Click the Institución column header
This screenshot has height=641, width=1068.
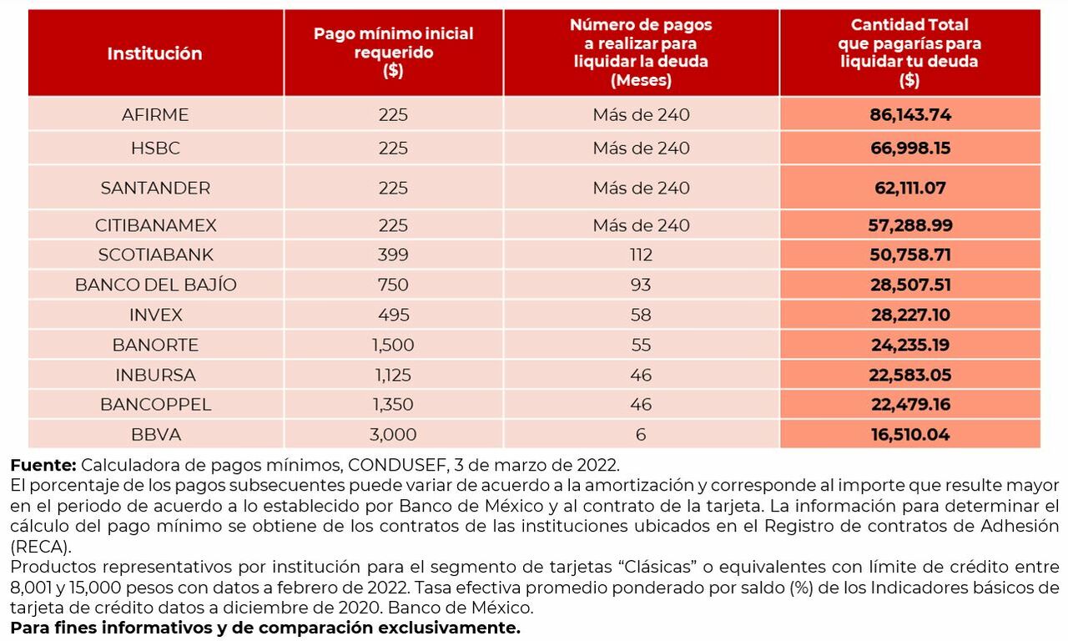tap(154, 53)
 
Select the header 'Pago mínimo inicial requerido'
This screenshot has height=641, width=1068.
tap(393, 52)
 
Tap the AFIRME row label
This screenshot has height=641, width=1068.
tap(155, 115)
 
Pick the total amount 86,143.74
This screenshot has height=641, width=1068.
tap(909, 115)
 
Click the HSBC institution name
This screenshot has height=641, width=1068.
tap(155, 149)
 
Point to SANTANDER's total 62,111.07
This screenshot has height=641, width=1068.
tap(909, 188)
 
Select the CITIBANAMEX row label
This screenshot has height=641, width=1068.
tap(155, 225)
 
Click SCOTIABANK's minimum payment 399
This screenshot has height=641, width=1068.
tap(393, 255)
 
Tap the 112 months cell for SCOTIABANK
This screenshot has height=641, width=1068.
tap(641, 255)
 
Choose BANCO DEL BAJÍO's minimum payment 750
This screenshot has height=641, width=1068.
tap(393, 285)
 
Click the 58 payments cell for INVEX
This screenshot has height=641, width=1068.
tap(641, 315)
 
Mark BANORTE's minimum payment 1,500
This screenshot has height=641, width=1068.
tap(393, 345)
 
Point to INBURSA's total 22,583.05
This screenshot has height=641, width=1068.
tap(909, 375)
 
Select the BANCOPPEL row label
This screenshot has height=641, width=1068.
tap(155, 405)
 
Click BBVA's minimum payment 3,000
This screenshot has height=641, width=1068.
tap(393, 435)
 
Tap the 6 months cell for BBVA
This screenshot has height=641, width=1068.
tap(641, 435)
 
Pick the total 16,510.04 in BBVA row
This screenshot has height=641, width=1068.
tap(909, 435)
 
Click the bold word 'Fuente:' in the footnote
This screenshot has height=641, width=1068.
tap(43, 465)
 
